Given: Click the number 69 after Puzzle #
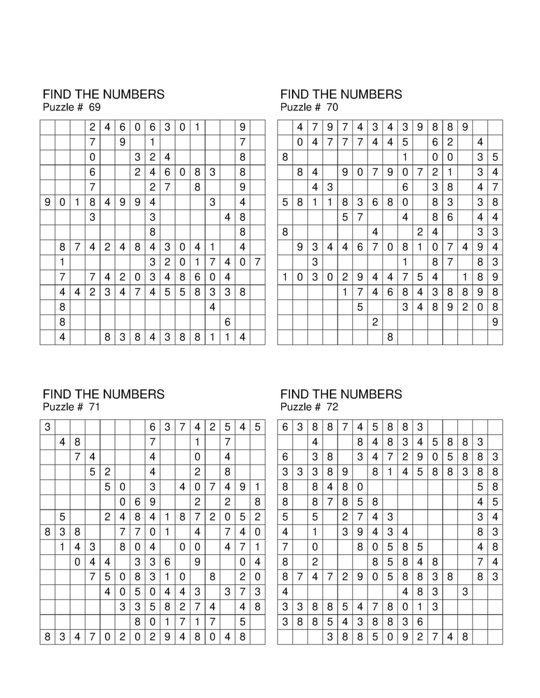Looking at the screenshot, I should [94, 107].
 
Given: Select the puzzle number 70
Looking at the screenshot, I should [332, 107].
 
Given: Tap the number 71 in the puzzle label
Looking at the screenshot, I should [94, 407].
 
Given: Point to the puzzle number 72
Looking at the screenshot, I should [332, 407].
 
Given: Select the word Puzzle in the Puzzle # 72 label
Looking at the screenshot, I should [296, 407].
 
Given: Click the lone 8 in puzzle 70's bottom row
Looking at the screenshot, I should [390, 337].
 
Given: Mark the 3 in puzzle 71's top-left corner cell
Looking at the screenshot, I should [47, 427].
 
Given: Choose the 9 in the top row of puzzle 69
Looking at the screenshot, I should [243, 127].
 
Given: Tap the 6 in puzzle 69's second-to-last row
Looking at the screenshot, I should [228, 322].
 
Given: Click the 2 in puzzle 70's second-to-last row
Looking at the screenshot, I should [375, 322].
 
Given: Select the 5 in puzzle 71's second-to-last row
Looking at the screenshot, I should [243, 622].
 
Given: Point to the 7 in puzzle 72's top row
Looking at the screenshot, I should [345, 427].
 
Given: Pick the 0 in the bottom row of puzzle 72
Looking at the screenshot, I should [390, 637].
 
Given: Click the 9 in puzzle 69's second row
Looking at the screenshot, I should [122, 142].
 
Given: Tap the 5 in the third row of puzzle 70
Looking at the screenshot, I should [495, 157].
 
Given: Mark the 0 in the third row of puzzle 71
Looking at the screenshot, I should [198, 457].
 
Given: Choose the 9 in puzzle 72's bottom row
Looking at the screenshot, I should [405, 637].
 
